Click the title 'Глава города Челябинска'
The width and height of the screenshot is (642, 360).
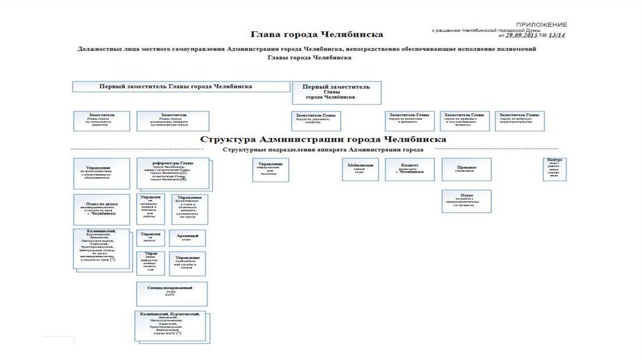coord(317,34)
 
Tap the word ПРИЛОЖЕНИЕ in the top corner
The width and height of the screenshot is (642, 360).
coord(542,23)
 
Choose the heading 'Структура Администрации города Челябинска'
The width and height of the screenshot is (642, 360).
coord(324,139)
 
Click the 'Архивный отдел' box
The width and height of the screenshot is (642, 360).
coord(188,238)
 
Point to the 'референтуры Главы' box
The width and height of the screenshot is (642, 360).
coord(173,173)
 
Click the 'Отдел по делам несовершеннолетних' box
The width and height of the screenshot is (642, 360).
coord(103,209)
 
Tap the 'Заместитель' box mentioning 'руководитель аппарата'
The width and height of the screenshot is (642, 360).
coord(173,120)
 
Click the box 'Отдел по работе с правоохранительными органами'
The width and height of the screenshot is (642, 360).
coord(466,201)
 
